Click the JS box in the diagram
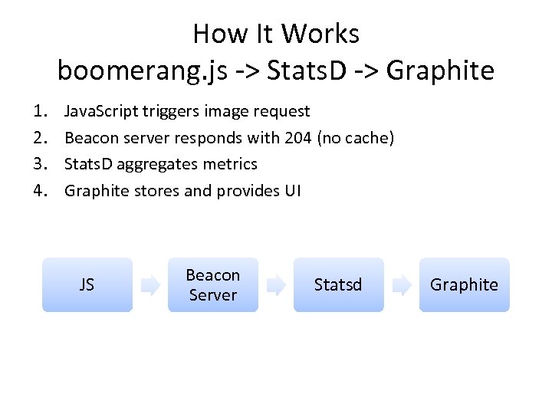pyautogui.click(x=87, y=284)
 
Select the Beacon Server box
pyautogui.click(x=213, y=284)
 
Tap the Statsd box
pyautogui.click(x=338, y=284)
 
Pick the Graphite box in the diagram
pyautogui.click(x=464, y=284)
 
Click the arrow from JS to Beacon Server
pyautogui.click(x=150, y=285)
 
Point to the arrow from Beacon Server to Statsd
pyautogui.click(x=276, y=285)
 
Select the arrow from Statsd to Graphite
pyautogui.click(x=402, y=285)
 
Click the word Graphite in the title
pyautogui.click(x=441, y=71)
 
